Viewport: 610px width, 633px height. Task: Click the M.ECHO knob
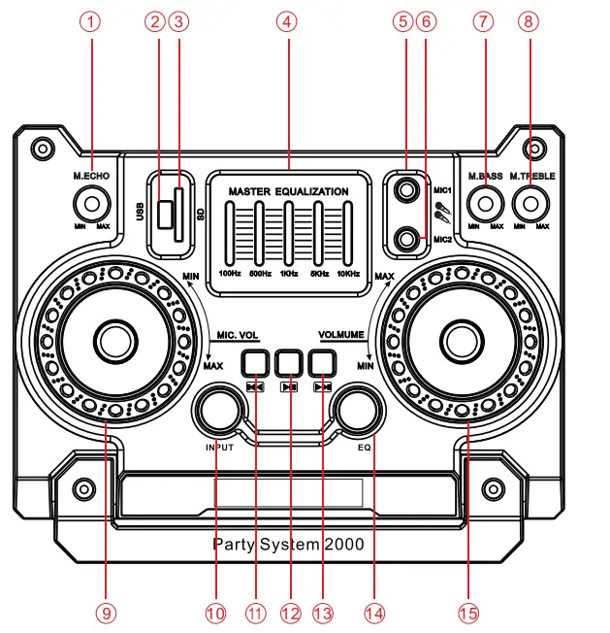[91, 204]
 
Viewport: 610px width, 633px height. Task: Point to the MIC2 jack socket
[406, 233]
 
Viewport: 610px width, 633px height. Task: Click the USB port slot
[167, 209]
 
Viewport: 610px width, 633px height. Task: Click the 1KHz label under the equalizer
[288, 274]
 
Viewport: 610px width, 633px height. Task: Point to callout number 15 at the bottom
[468, 613]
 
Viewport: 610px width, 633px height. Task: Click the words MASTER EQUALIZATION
[288, 192]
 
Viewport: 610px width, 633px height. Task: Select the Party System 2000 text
[288, 545]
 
